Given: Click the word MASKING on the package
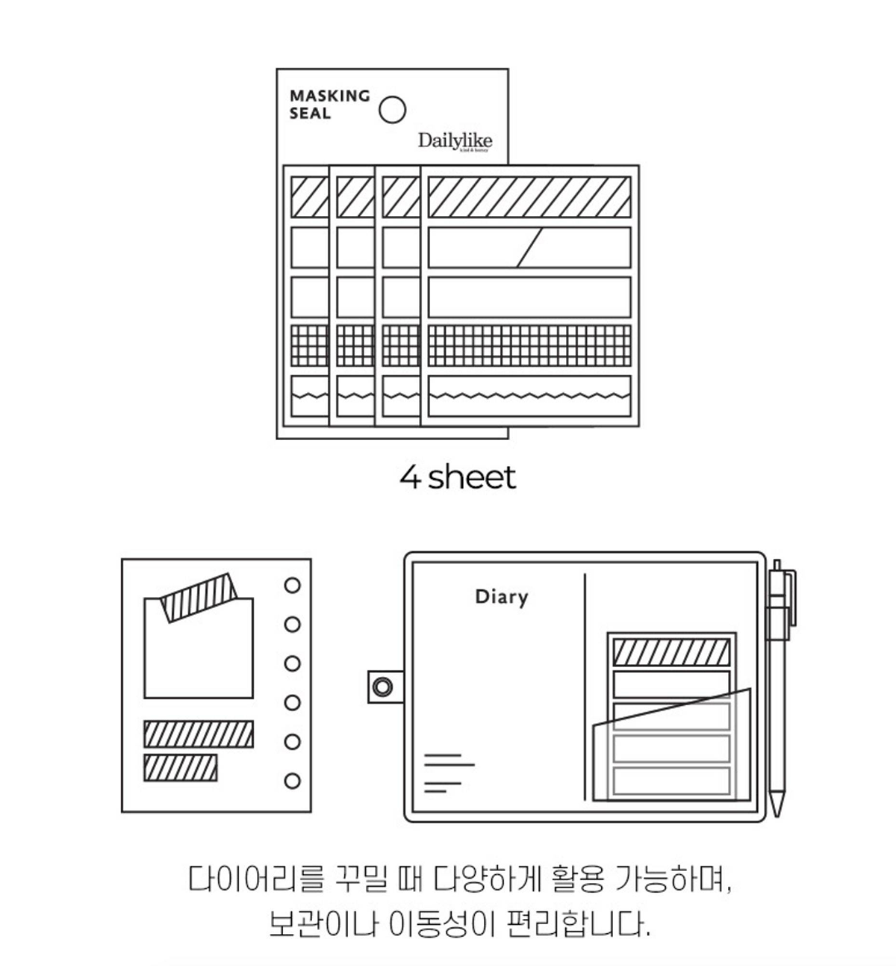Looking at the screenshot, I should tap(329, 96).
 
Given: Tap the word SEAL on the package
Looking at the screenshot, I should tap(310, 114).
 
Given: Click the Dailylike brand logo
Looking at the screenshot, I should tap(455, 140).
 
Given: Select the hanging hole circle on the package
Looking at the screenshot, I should tap(393, 110).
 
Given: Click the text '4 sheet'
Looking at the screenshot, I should tap(457, 477).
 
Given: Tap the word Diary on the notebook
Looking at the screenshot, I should tap(501, 597).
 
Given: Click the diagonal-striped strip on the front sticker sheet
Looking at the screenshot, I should tap(529, 196).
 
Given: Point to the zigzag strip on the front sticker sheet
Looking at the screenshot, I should tap(529, 395).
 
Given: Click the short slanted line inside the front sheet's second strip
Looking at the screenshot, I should tap(529, 247).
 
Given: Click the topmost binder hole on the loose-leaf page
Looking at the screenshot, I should tap(293, 585).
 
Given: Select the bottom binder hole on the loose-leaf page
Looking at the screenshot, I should tap(293, 781).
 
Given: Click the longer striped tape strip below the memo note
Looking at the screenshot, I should tap(199, 734).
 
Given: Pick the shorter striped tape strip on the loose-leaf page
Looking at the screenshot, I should tap(180, 767).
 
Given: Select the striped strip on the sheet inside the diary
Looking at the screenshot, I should tap(671, 651).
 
